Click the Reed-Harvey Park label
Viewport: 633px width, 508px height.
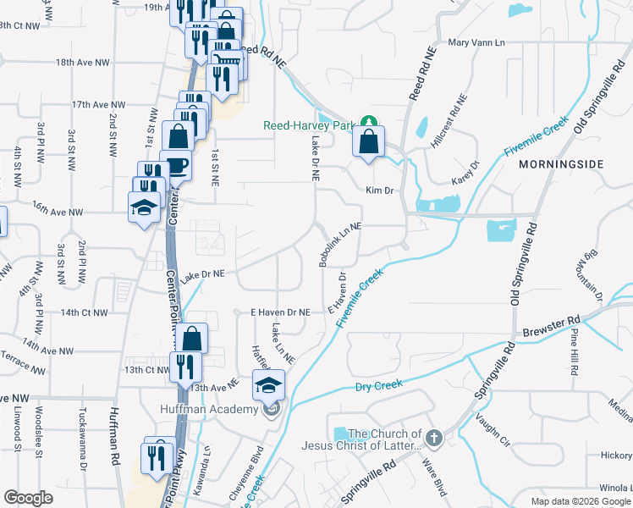[x=307, y=125]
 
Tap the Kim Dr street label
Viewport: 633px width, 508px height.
[x=380, y=190]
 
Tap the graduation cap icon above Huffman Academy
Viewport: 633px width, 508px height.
[x=269, y=386]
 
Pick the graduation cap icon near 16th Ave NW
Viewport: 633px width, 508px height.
[x=144, y=207]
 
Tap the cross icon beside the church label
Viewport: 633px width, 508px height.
[x=434, y=439]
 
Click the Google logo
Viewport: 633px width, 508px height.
[x=28, y=498]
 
